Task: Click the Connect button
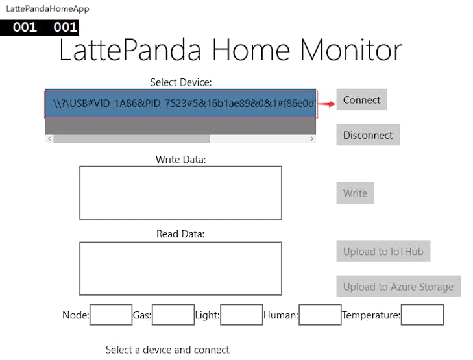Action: [x=361, y=100]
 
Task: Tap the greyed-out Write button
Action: [x=355, y=193]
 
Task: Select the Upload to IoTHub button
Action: [x=383, y=252]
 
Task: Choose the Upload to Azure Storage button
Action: [x=398, y=287]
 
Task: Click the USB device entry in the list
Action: [x=181, y=104]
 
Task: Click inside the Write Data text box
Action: [x=180, y=193]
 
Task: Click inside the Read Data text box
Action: [x=180, y=268]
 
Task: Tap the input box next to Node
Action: [x=111, y=315]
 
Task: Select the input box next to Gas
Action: [x=173, y=315]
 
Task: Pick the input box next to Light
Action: [x=241, y=315]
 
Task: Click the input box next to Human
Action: [x=320, y=315]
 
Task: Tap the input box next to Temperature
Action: [x=422, y=315]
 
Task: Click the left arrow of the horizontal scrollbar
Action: [x=49, y=139]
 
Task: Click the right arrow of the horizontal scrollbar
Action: [x=312, y=139]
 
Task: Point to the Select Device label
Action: [x=181, y=82]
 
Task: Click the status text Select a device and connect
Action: [x=167, y=350]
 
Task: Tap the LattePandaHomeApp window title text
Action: [x=48, y=9]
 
